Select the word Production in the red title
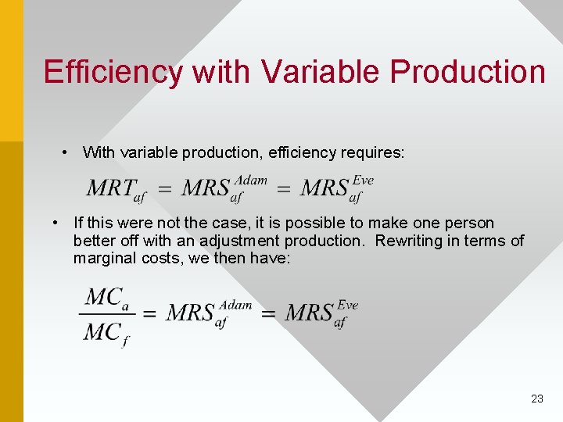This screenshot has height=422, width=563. [x=468, y=72]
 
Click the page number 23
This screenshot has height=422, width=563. [x=536, y=399]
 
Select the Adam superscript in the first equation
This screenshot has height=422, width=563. [x=251, y=181]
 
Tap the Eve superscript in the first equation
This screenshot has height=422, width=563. [x=363, y=181]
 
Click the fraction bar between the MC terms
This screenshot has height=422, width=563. [x=106, y=314]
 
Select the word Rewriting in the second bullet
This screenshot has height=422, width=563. [x=410, y=241]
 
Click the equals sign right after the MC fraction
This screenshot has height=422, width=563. [x=149, y=314]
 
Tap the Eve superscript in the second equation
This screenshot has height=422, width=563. [x=347, y=305]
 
